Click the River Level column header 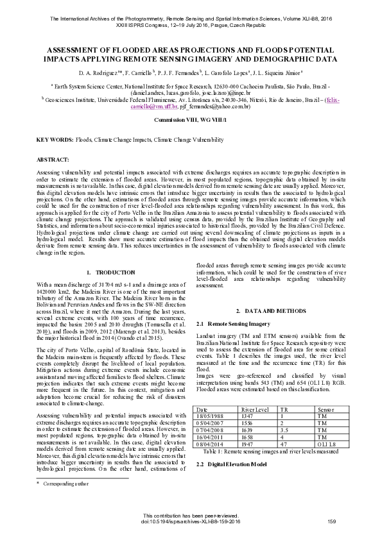pos(254,409)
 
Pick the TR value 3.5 pos(285,429)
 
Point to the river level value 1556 pos(248,422)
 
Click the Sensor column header pos(326,409)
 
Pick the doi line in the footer pos(190,521)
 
